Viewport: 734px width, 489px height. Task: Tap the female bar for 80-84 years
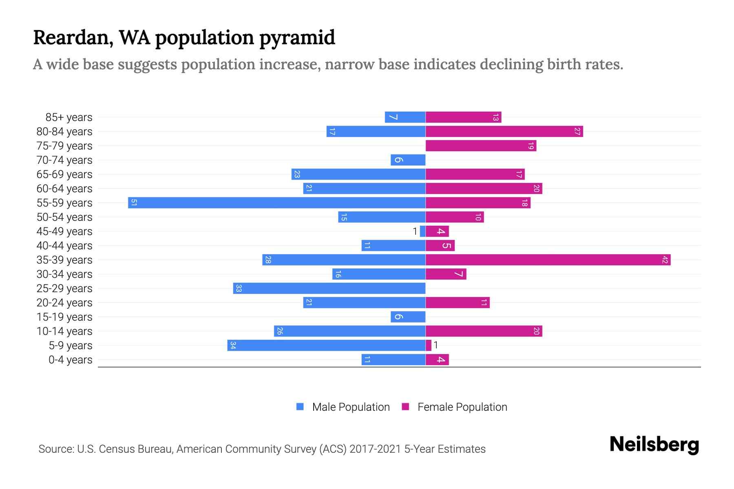click(x=504, y=131)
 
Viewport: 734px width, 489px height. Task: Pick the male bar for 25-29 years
click(x=329, y=288)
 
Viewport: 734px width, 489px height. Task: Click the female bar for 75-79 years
click(x=481, y=145)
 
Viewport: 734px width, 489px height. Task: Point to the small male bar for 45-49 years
click(x=422, y=231)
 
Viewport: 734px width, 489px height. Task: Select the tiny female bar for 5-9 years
click(x=428, y=345)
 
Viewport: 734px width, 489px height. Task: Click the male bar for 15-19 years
click(x=408, y=317)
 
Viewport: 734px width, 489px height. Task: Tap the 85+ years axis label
click(x=69, y=117)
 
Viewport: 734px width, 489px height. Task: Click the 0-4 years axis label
click(x=70, y=360)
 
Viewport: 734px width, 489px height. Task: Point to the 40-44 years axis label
click(x=64, y=246)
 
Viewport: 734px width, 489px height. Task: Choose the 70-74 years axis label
click(x=64, y=160)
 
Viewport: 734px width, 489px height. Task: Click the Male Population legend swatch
click(x=300, y=407)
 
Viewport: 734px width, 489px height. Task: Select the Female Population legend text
click(x=462, y=407)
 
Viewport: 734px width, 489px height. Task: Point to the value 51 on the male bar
click(x=134, y=203)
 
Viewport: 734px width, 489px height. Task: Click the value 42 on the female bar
click(x=665, y=260)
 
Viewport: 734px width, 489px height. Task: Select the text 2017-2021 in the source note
click(x=375, y=449)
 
